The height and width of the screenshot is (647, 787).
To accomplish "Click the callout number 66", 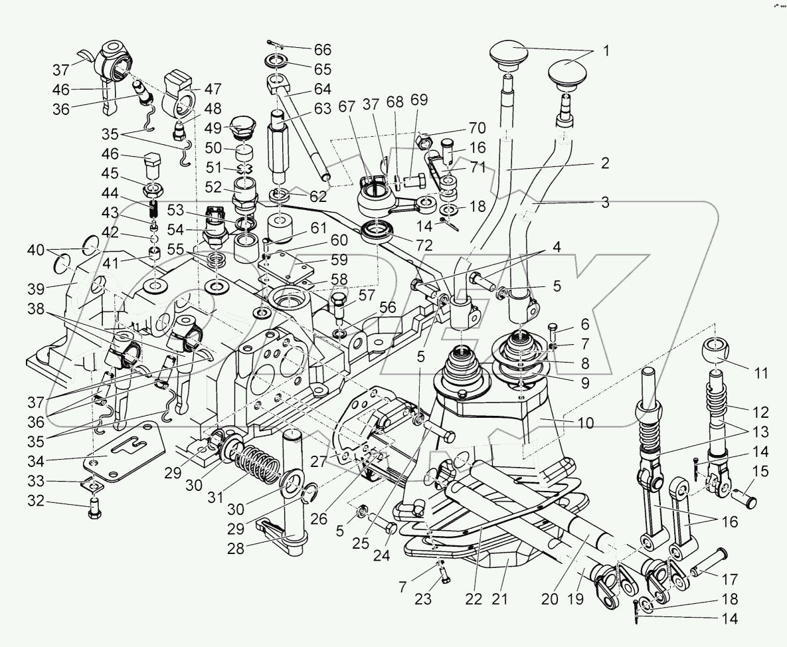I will coord(322,50).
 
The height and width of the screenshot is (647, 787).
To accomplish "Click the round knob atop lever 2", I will coord(508,52).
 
